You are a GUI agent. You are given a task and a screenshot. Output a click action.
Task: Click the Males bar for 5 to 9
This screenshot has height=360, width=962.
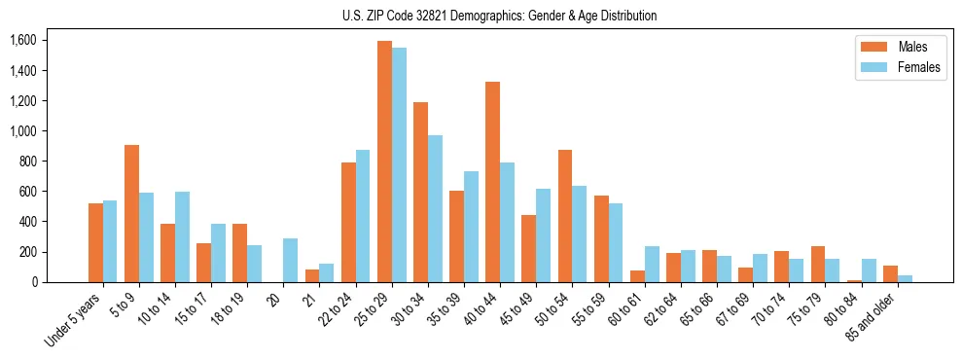pos(131,214)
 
